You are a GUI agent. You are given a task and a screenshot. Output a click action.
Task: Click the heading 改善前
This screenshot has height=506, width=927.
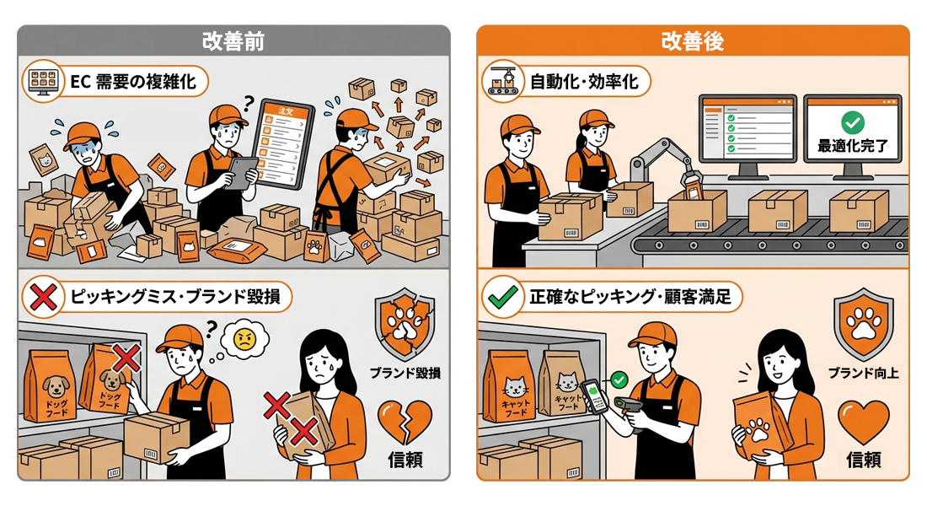[233, 40]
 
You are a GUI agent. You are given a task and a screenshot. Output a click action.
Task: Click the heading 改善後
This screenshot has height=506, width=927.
[692, 40]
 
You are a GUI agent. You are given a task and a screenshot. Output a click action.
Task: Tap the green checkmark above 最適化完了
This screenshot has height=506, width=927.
[852, 122]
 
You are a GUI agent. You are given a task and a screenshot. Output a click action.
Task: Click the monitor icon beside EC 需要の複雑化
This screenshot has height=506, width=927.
[42, 82]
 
